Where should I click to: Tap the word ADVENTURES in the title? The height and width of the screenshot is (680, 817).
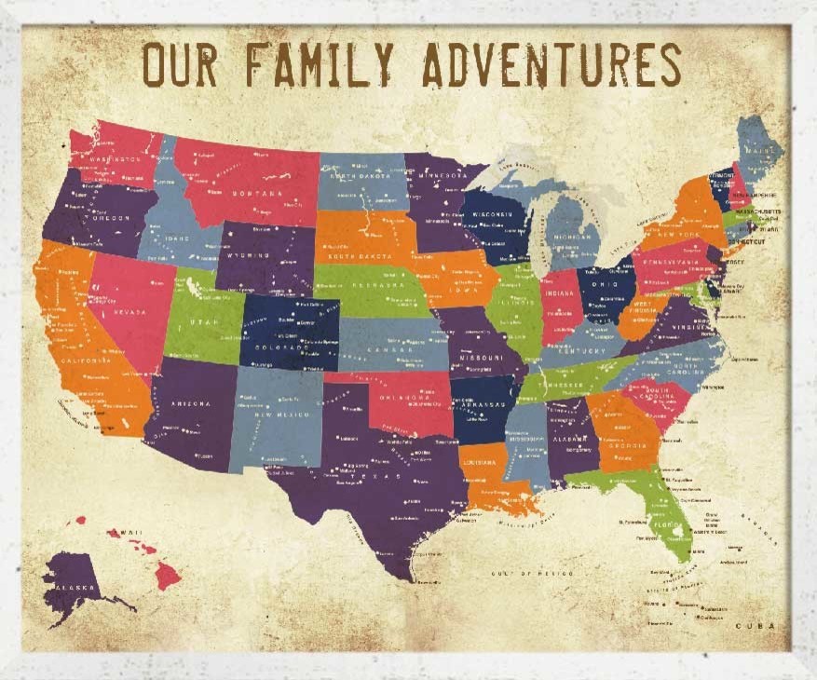[551, 64]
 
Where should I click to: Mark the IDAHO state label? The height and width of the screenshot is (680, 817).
[177, 238]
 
